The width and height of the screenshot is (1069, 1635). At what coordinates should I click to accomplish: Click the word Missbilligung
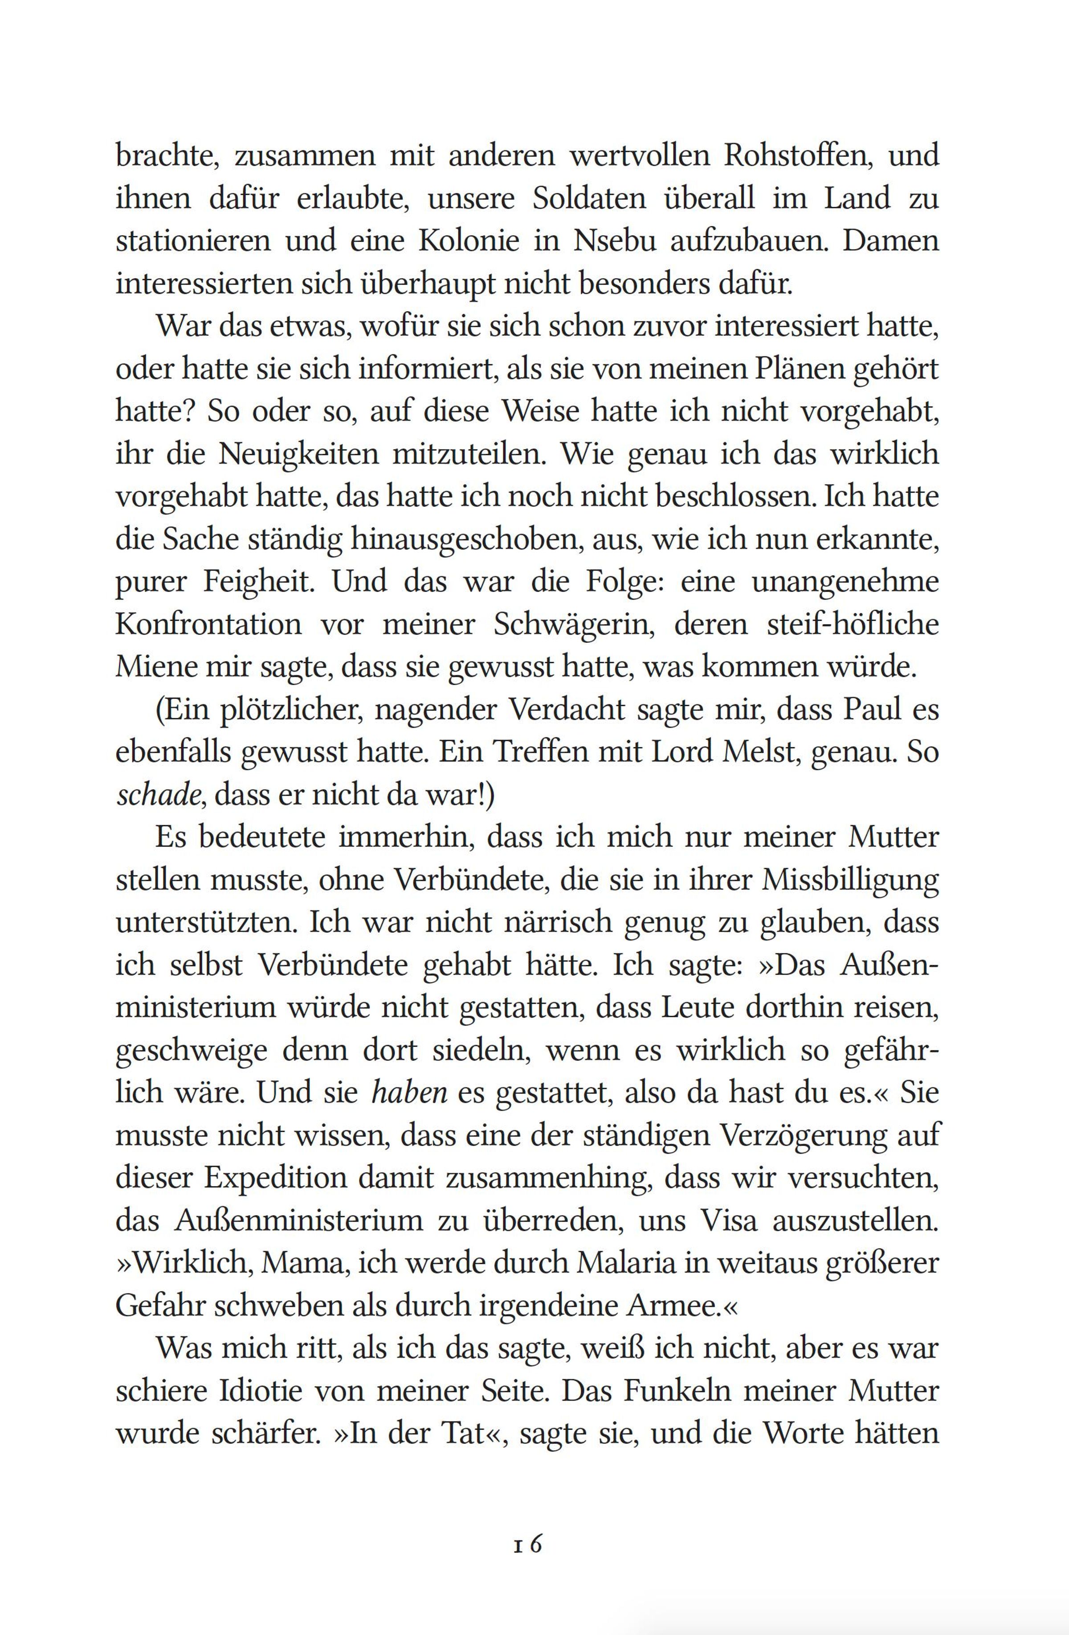(x=850, y=880)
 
